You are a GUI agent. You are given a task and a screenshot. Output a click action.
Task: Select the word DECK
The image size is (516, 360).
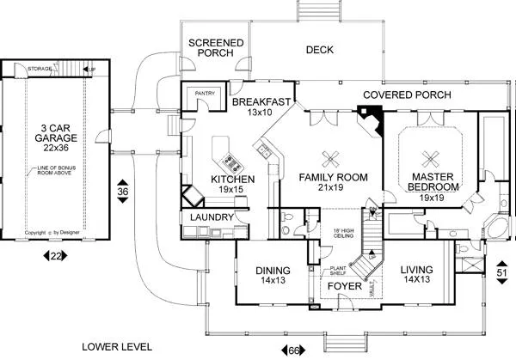[x=320, y=50]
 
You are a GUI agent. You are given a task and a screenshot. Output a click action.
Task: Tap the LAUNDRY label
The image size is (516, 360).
[x=206, y=218]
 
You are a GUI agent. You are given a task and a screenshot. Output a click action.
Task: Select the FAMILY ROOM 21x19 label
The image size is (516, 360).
[x=333, y=183]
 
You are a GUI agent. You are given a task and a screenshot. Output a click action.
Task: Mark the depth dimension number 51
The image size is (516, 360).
[x=502, y=274]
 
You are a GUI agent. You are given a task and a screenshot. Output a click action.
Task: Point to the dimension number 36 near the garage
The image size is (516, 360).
[x=122, y=191]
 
